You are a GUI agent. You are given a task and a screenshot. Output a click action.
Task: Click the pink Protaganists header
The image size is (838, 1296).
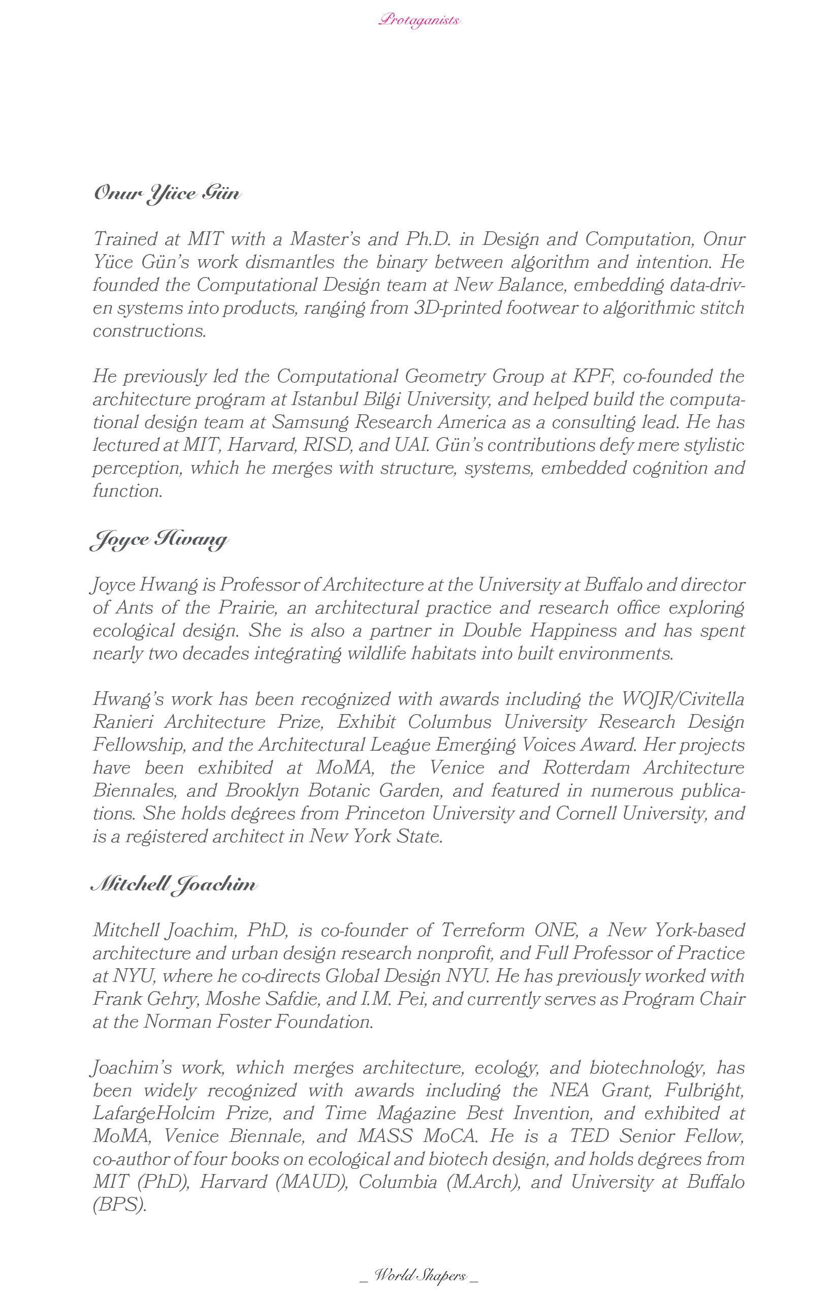(x=419, y=20)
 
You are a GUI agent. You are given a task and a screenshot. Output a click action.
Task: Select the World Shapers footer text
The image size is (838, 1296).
(x=419, y=1275)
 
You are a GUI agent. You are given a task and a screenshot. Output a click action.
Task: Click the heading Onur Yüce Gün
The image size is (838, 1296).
(x=167, y=193)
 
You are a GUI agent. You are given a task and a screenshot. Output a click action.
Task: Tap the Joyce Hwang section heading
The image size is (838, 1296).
(x=159, y=539)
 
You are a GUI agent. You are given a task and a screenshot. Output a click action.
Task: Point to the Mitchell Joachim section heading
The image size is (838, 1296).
(x=174, y=884)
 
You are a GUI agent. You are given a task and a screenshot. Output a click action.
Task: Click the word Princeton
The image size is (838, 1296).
(x=385, y=813)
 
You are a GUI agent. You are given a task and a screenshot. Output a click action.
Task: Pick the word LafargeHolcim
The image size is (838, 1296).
(x=154, y=1113)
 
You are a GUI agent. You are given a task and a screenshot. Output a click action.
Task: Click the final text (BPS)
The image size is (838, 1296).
(x=120, y=1205)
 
